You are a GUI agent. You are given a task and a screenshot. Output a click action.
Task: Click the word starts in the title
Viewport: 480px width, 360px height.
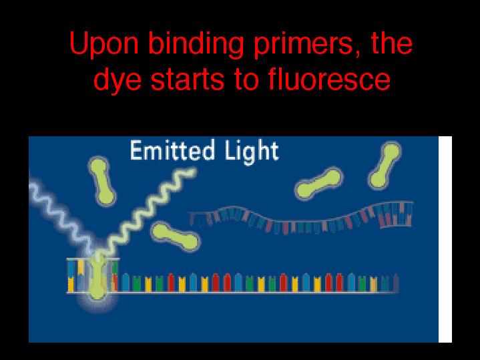click(x=189, y=79)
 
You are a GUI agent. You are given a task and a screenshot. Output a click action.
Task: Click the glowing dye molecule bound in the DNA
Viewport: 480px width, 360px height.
click(x=97, y=277)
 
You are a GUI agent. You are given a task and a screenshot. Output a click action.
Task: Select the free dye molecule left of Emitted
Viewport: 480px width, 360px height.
click(x=101, y=181)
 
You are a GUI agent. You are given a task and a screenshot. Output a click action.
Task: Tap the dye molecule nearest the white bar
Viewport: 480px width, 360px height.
click(x=385, y=165)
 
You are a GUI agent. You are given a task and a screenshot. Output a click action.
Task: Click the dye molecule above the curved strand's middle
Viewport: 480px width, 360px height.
click(x=318, y=183)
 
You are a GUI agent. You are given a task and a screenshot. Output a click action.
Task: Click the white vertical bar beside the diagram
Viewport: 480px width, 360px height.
click(x=445, y=239)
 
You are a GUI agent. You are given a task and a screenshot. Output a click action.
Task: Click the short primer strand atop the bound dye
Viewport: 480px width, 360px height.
click(x=93, y=260)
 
